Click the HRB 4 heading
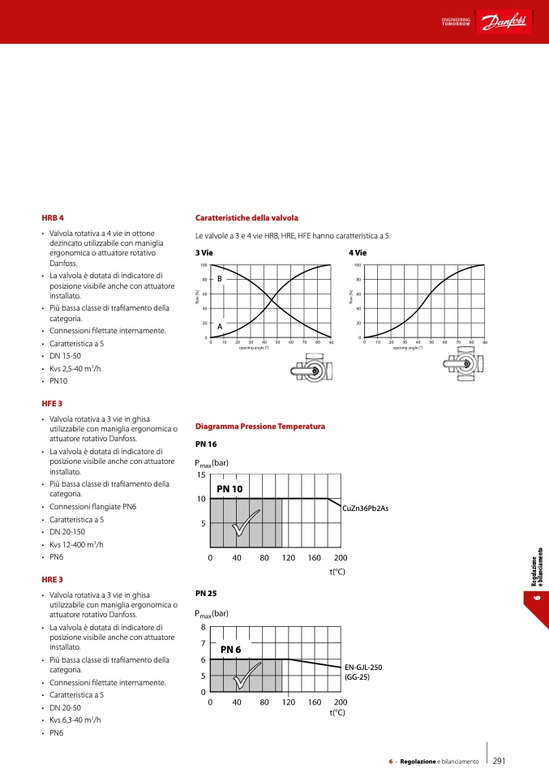[53, 218]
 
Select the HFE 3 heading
[52, 403]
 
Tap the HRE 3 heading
[53, 580]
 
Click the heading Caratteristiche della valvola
[247, 218]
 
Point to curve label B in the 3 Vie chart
[219, 278]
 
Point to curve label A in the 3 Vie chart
[219, 327]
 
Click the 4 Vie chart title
[358, 253]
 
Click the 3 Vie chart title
[204, 253]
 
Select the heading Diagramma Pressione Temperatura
[260, 426]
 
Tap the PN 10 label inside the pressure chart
[229, 489]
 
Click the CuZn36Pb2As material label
[366, 508]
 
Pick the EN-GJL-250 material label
[363, 668]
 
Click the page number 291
[500, 761]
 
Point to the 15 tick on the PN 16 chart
[202, 474]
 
